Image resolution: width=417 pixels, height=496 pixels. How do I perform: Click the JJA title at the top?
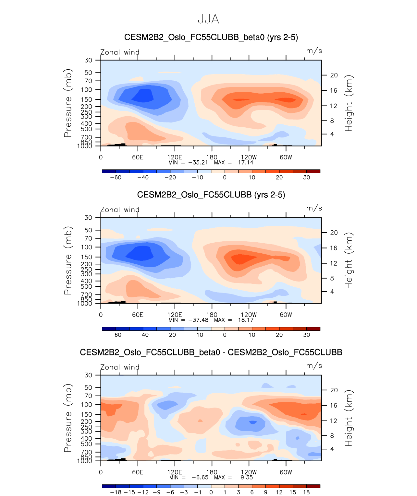[x=208, y=19]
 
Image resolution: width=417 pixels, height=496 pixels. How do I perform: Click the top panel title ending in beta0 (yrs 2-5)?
[x=211, y=37]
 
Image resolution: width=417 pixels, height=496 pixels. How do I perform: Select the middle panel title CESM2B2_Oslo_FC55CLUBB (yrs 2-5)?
[x=211, y=195]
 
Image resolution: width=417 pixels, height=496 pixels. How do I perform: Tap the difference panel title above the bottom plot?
[x=211, y=352]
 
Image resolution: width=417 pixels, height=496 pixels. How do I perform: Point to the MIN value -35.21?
[x=198, y=162]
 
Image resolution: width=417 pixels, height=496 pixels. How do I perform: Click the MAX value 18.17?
[x=246, y=320]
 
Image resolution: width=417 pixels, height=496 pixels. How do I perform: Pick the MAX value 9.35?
[x=247, y=477]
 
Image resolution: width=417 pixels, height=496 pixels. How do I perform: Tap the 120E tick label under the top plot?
[x=175, y=157]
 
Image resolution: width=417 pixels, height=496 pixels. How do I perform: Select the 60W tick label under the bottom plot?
[x=286, y=472]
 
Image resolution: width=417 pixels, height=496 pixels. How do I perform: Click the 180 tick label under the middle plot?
[x=212, y=315]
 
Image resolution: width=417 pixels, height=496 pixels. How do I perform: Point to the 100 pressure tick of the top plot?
[x=88, y=90]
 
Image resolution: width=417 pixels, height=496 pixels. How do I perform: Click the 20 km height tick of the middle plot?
[x=334, y=233]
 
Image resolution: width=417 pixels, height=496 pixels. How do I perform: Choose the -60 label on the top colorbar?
[x=116, y=178]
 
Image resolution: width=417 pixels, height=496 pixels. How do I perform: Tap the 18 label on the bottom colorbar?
[x=306, y=492]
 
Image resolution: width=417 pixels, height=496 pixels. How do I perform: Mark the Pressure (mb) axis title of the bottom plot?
[x=68, y=418]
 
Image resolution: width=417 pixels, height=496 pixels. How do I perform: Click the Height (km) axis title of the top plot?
[x=349, y=103]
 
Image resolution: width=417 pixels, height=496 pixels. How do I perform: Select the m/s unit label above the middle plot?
[x=314, y=208]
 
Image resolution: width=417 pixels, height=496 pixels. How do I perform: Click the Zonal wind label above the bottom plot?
[x=120, y=367]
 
